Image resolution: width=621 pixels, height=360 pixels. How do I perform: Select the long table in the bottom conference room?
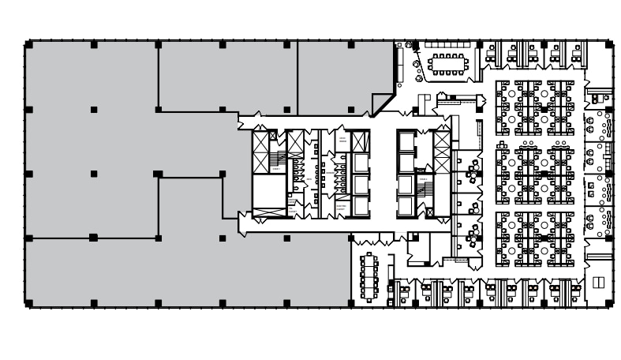368,276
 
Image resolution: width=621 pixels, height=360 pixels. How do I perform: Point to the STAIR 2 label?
424,180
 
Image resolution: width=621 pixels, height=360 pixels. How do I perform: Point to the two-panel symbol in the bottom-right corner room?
597,282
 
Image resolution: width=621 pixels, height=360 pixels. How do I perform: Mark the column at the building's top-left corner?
29,45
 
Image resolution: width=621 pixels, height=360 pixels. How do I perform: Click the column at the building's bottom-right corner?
608,302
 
